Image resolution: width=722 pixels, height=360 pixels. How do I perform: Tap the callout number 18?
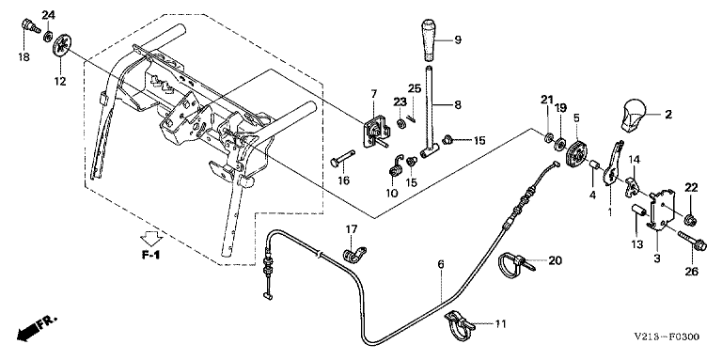24,57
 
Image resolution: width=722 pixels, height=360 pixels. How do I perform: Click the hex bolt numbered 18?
29,24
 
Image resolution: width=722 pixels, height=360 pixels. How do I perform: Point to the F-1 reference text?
150,254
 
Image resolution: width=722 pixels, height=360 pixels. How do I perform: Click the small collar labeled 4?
594,164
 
